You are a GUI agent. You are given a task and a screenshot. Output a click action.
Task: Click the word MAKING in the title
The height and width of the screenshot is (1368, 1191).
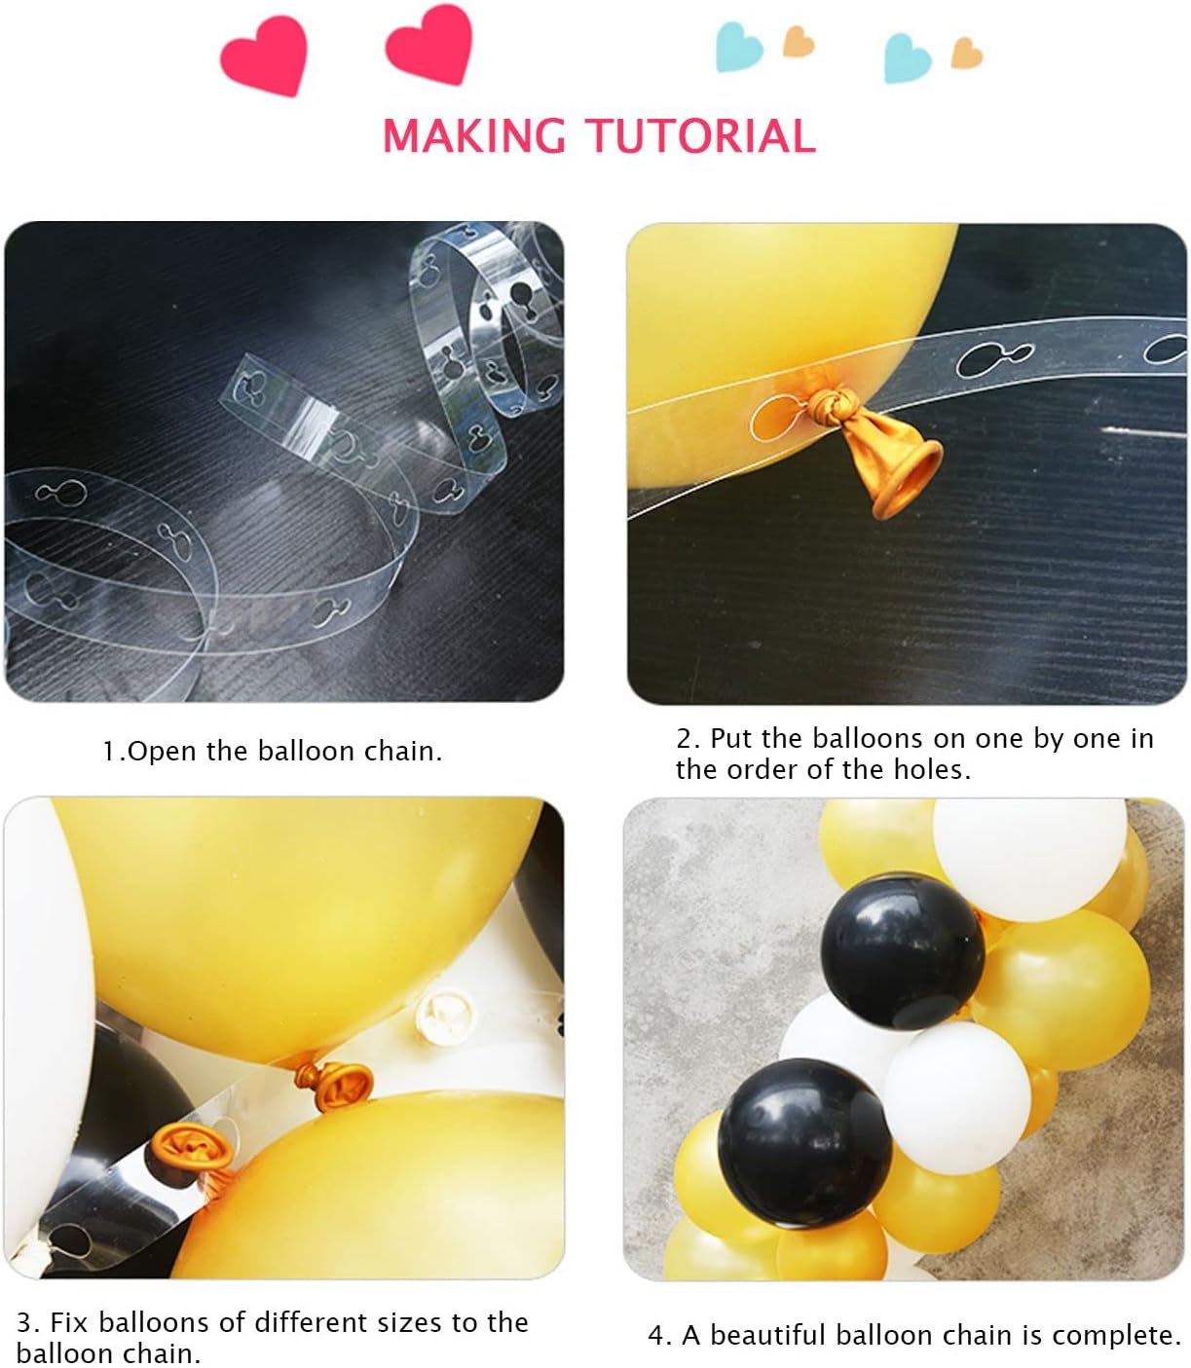point(474,135)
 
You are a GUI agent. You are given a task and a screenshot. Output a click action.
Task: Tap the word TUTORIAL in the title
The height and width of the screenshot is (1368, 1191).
point(701,135)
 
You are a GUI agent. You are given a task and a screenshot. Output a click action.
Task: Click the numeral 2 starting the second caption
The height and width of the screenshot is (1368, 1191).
point(684,739)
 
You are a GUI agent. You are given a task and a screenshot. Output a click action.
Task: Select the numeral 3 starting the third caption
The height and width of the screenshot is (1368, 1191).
point(23,1323)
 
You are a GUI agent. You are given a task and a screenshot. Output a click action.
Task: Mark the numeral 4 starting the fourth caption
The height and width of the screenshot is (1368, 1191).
point(655,1336)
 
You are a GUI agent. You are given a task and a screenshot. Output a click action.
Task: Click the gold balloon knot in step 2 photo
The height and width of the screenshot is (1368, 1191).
point(833,403)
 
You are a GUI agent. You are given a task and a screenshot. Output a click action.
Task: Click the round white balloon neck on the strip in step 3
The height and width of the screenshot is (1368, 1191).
point(445,1017)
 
